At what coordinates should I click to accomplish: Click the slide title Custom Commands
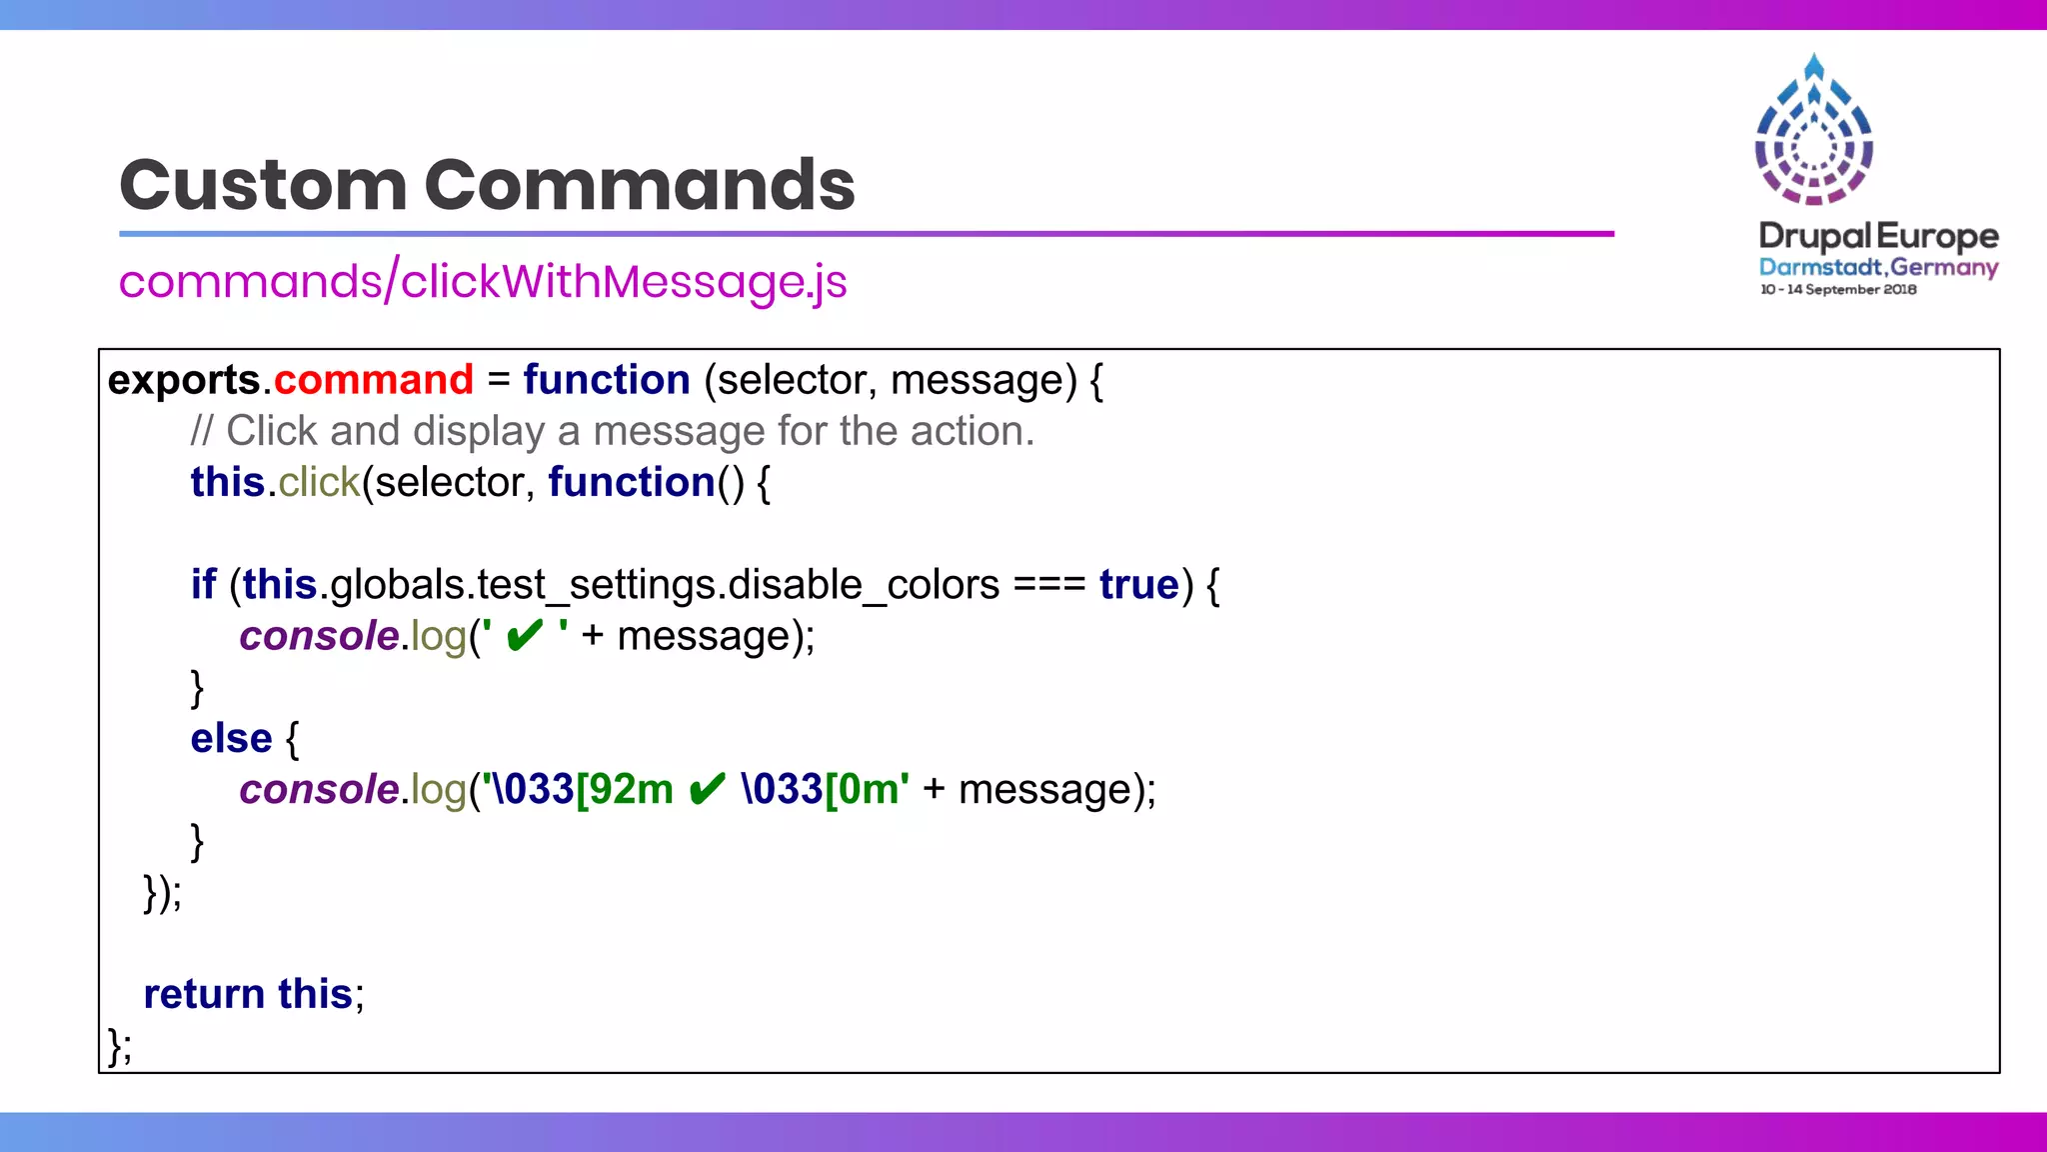tap(487, 185)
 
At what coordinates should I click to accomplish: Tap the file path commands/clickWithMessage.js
tap(483, 281)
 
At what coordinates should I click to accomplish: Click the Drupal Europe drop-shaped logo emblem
tap(1814, 130)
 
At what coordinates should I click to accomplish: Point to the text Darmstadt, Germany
tap(1878, 267)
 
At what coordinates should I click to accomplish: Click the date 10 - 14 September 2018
tap(1838, 290)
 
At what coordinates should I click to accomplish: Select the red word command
tap(373, 380)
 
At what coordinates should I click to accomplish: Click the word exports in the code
tap(184, 380)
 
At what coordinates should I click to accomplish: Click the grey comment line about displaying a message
tap(612, 431)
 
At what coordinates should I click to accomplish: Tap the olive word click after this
tap(318, 482)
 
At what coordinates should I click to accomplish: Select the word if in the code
tap(203, 584)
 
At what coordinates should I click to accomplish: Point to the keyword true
tap(1138, 584)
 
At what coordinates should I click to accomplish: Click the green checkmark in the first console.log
tap(525, 636)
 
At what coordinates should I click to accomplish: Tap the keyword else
tap(231, 738)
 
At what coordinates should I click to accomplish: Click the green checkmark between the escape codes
tap(707, 789)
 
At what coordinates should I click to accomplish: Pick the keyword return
tap(204, 994)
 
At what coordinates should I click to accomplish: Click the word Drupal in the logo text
tap(1814, 236)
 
